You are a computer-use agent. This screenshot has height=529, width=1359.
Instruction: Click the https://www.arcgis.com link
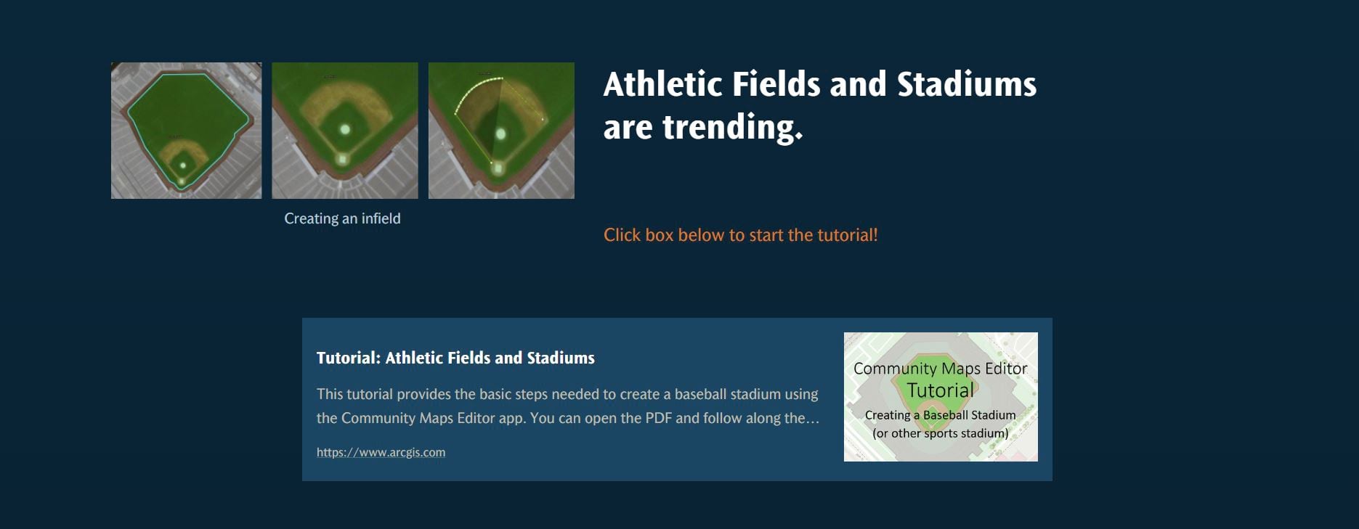tap(381, 452)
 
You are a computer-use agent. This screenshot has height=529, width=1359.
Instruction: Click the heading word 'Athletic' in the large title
tap(663, 84)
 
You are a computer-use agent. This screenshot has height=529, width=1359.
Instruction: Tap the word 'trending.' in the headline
tap(733, 128)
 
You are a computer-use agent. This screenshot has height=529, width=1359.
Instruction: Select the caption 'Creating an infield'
tap(342, 218)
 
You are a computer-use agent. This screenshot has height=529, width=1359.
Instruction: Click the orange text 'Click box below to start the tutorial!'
tap(741, 235)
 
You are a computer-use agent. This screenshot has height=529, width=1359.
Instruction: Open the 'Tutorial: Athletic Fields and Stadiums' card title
tap(455, 358)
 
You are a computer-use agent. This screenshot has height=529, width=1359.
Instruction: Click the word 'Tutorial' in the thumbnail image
tap(941, 390)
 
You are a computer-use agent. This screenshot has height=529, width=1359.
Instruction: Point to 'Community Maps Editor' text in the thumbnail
tap(941, 369)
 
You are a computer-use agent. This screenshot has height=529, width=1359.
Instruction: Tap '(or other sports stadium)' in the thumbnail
tap(941, 433)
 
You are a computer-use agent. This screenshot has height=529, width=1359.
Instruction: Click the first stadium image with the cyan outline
tap(186, 131)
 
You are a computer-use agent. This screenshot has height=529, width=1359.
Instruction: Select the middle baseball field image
tap(345, 131)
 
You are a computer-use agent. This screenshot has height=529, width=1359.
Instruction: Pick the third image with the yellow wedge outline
tap(501, 131)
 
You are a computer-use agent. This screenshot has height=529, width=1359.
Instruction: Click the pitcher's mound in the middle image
tap(345, 130)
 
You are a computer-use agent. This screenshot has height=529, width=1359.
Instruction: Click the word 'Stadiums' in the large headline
tap(967, 84)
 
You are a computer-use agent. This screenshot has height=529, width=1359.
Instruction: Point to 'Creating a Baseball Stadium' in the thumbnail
tap(941, 415)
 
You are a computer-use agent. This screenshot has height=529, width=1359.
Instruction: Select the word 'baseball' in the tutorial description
tap(703, 394)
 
